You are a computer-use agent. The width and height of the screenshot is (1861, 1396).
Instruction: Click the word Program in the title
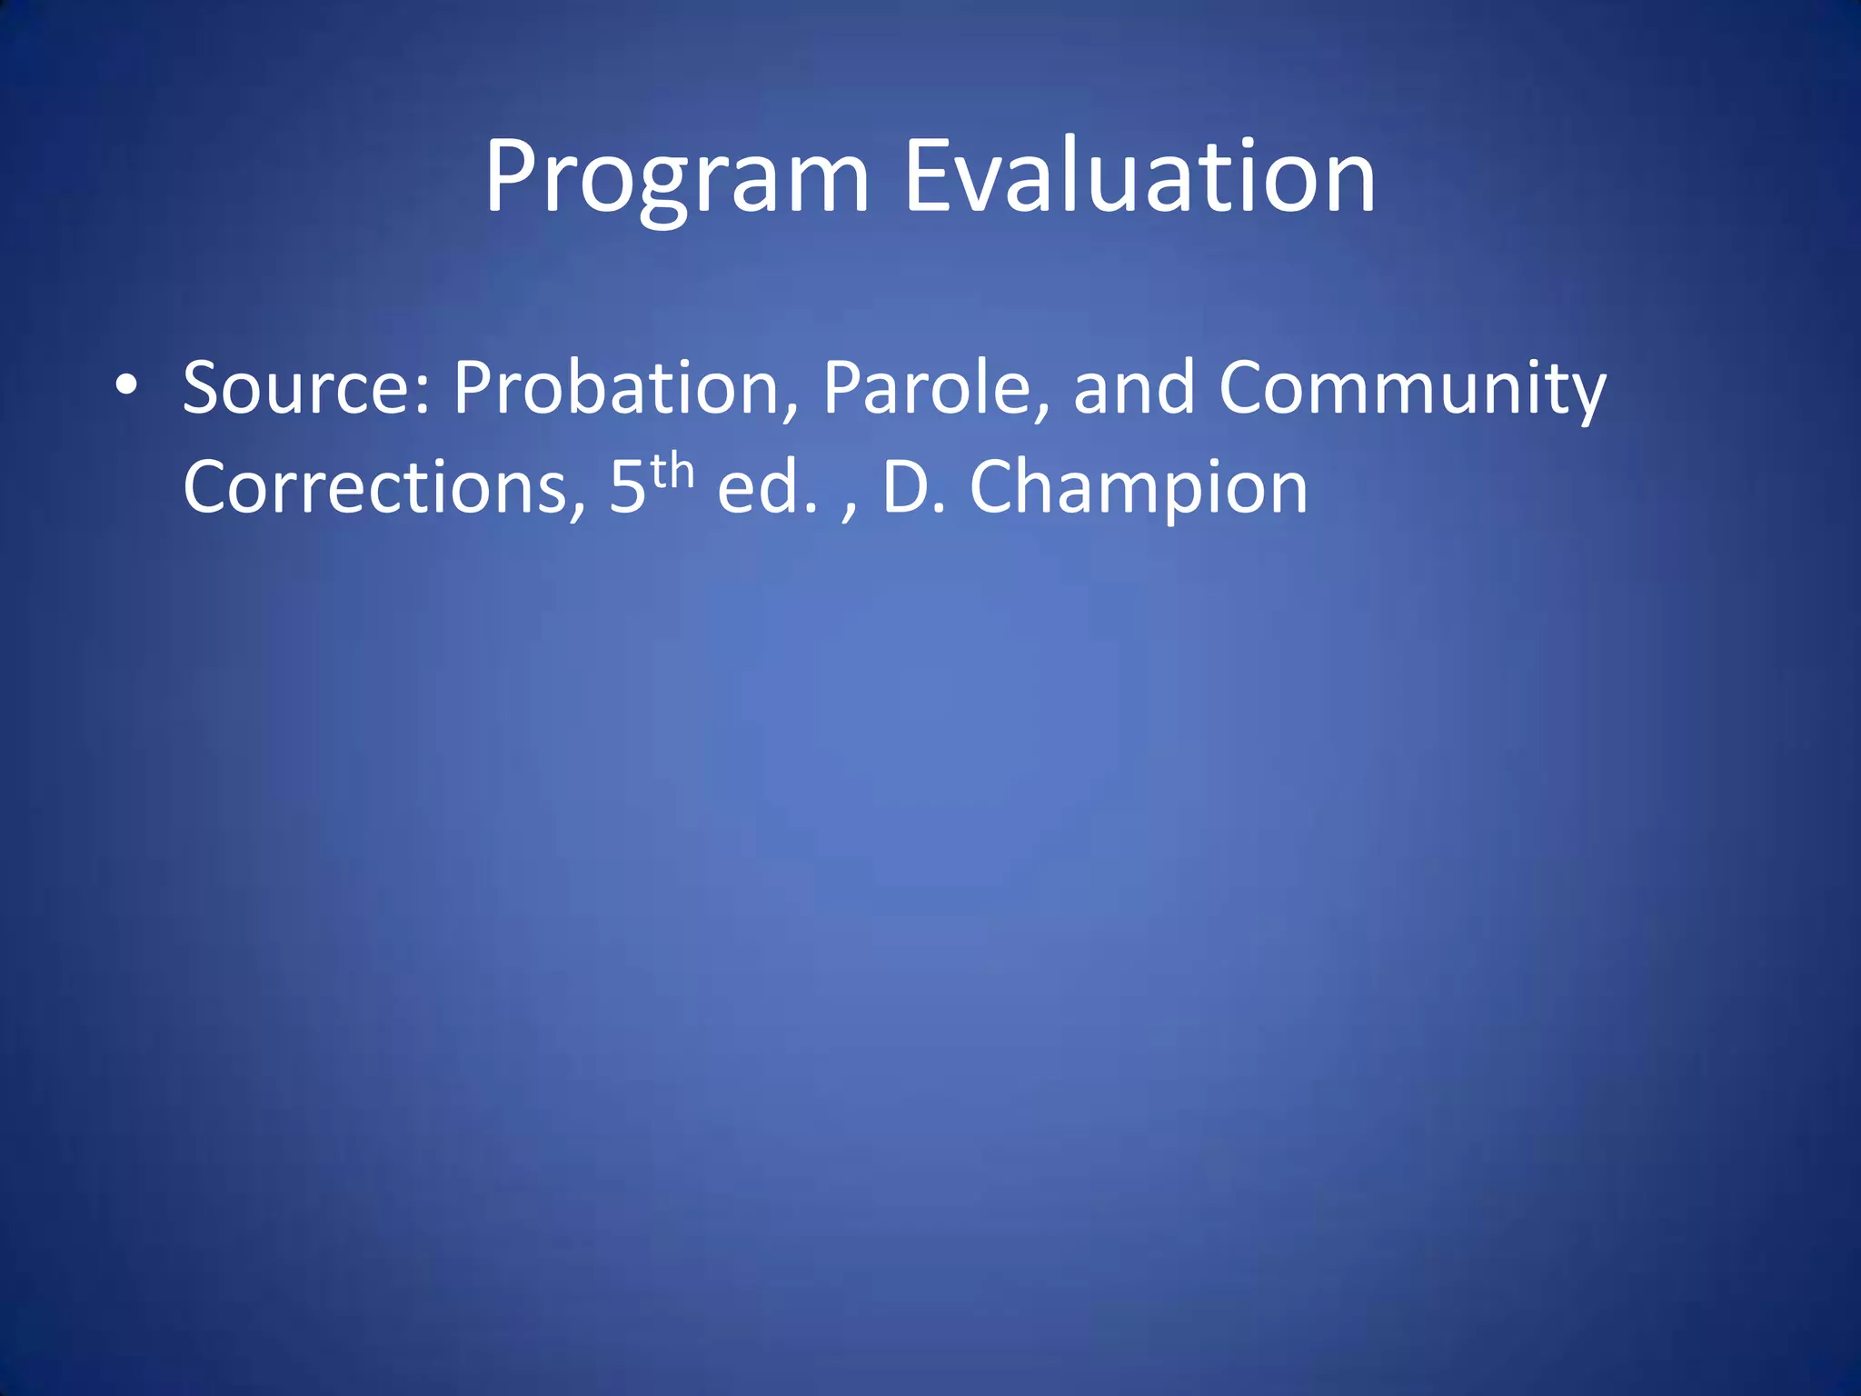[x=677, y=177]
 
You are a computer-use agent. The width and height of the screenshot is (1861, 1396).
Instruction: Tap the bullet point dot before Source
[x=126, y=385]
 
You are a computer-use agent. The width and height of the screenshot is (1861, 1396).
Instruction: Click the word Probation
[x=618, y=388]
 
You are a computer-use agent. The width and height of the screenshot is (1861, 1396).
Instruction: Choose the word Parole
[x=927, y=388]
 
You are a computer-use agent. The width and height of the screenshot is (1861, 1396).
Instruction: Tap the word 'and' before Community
[x=1133, y=388]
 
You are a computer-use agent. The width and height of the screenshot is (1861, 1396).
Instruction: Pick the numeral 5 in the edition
[x=627, y=488]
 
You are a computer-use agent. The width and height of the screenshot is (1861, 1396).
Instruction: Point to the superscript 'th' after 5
[x=672, y=472]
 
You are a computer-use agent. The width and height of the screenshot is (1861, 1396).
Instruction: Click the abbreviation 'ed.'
[x=766, y=488]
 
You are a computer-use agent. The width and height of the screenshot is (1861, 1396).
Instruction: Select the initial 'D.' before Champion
[x=913, y=488]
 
